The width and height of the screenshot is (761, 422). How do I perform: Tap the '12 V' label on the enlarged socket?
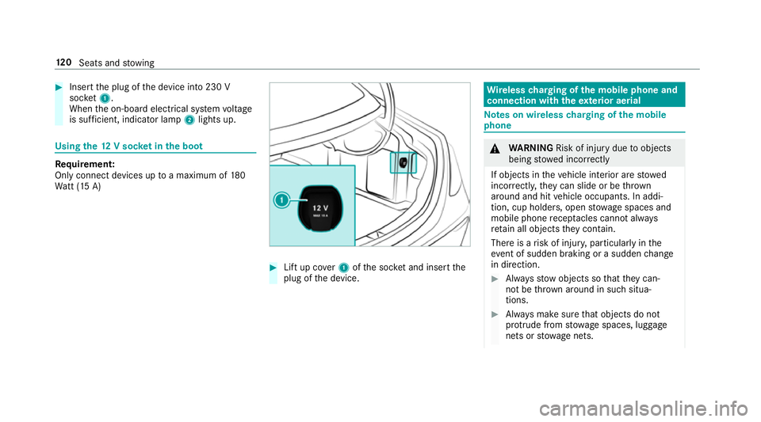coord(321,205)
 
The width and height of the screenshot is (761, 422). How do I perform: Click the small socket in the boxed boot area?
coord(403,162)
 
